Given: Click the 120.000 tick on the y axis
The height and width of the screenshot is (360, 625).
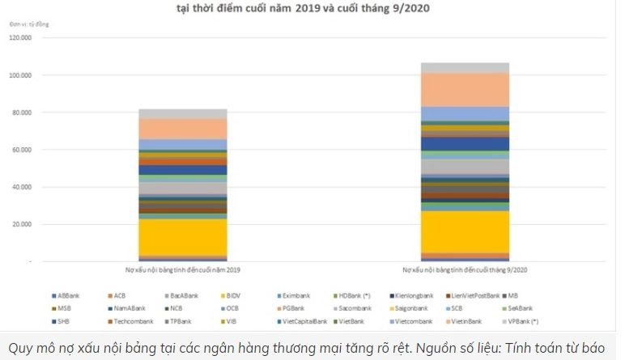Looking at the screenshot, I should [20, 38].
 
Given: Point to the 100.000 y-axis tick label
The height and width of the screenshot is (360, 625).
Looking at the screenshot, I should [20, 75].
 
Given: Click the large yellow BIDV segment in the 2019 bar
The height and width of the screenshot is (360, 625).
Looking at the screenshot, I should [182, 237].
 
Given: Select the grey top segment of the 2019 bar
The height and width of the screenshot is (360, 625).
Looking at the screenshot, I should [182, 114].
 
